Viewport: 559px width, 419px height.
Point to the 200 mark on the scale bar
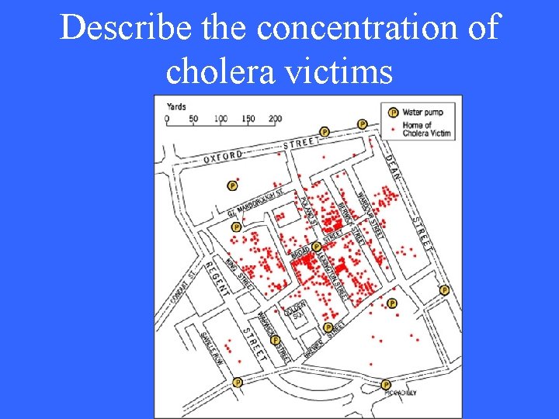pos(275,119)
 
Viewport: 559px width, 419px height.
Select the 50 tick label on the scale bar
pos(193,119)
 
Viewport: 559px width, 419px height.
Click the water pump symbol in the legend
pos(393,113)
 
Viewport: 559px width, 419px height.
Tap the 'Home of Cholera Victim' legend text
pos(425,129)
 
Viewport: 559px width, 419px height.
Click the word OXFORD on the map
pos(224,155)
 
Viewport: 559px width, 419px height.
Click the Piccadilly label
pos(401,393)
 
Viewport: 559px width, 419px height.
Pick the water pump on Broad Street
pos(316,248)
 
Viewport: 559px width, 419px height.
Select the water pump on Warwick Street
pos(275,339)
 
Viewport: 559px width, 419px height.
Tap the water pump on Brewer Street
pos(328,327)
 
